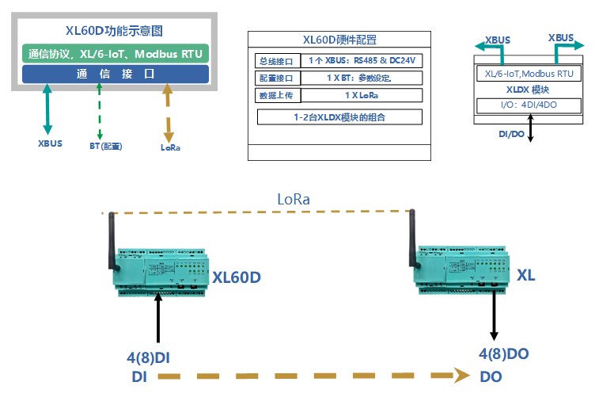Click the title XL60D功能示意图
pyautogui.click(x=115, y=32)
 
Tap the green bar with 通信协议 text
pyautogui.click(x=116, y=54)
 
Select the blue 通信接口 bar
pyautogui.click(x=116, y=74)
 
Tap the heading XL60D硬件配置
pyautogui.click(x=339, y=40)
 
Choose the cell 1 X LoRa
pyautogui.click(x=362, y=95)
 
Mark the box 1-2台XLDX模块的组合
pyautogui.click(x=339, y=117)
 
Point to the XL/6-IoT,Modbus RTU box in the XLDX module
pyautogui.click(x=529, y=74)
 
